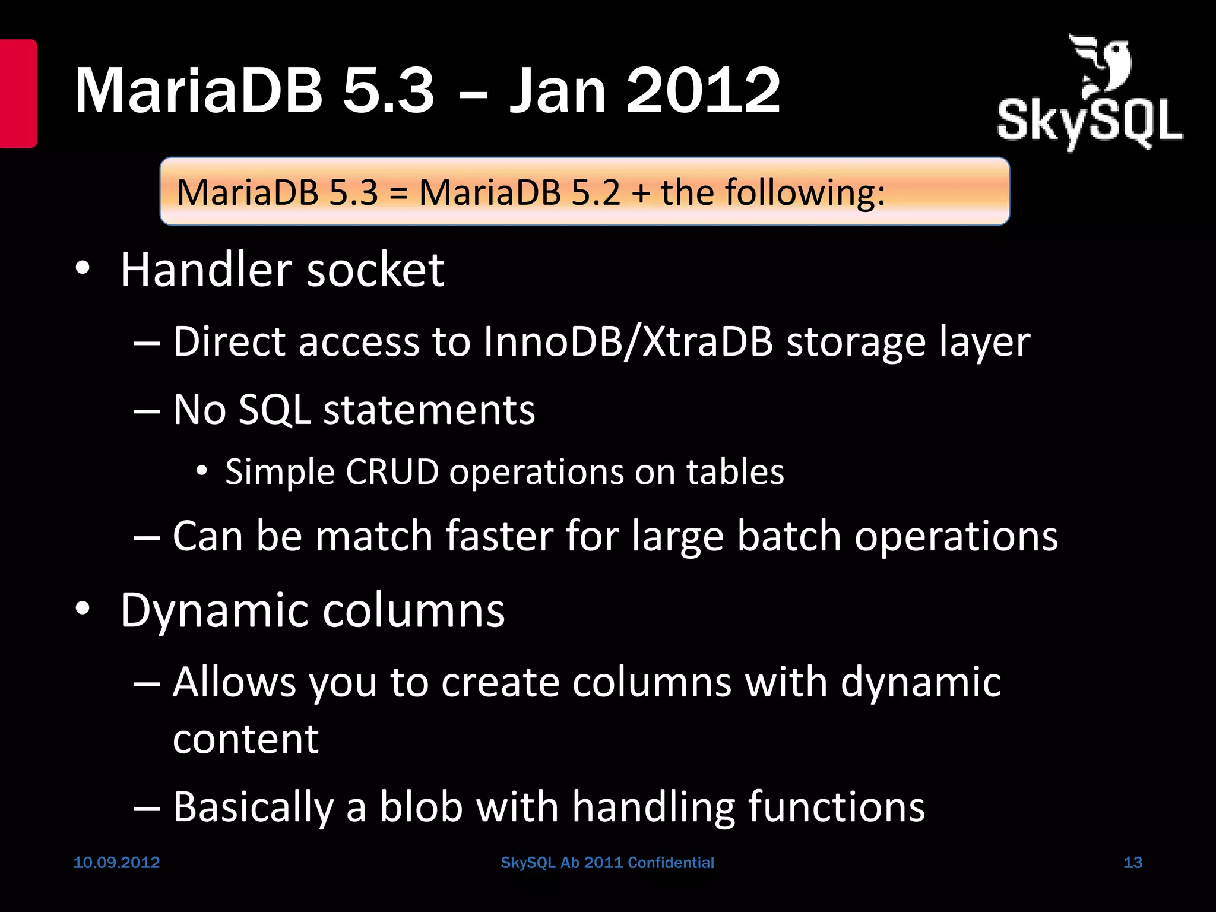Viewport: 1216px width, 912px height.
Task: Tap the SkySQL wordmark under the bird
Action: [1090, 123]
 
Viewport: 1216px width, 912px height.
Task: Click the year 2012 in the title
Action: [704, 91]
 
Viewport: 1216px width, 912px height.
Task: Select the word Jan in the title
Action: [558, 91]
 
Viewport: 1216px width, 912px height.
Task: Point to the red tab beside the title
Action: [18, 93]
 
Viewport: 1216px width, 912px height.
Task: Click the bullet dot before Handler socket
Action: [83, 269]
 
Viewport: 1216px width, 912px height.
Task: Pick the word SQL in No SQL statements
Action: [274, 410]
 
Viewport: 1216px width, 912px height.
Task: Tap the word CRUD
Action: [392, 472]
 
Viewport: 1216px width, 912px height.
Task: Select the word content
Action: [246, 739]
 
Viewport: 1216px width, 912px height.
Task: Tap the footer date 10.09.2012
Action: [116, 862]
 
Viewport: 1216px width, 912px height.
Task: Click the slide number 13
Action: [1132, 862]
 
